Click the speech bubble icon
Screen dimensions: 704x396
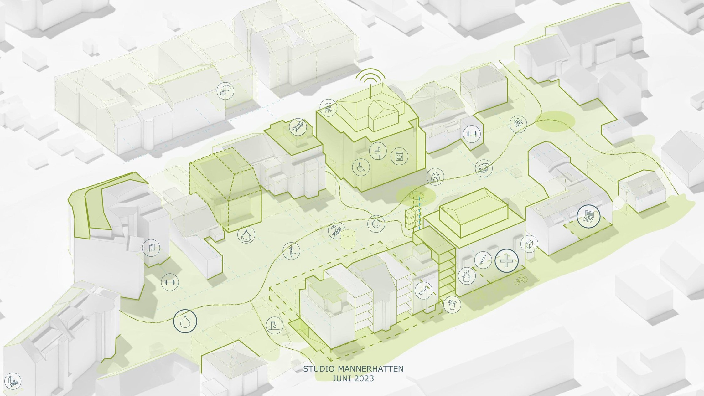point(225,91)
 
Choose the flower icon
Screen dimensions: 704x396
point(518,124)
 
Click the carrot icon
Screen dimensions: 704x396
point(291,251)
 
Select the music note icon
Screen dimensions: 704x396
point(151,248)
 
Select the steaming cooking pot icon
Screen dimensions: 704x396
point(467,276)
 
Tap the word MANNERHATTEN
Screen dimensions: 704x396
point(370,369)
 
